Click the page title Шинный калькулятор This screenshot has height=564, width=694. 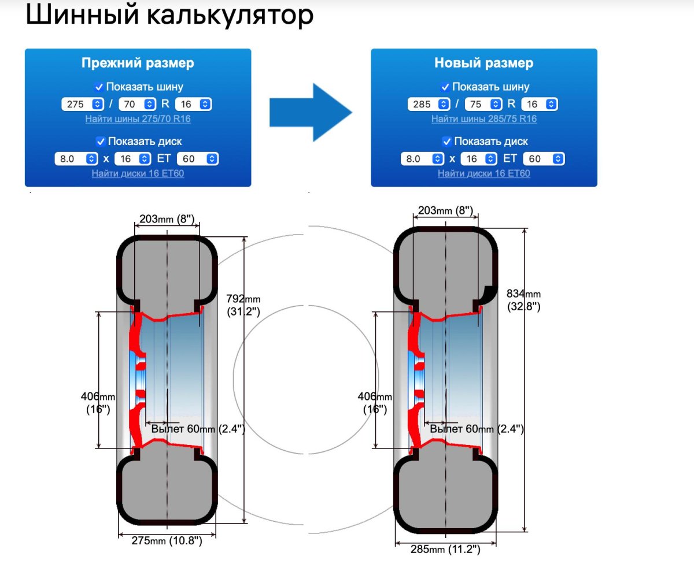coord(169,16)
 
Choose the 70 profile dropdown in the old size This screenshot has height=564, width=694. coord(136,104)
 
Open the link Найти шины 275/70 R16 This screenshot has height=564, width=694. coord(138,119)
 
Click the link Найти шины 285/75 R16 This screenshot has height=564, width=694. coord(483,119)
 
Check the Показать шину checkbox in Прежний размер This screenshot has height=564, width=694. coord(100,87)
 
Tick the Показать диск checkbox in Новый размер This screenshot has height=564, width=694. coord(446,142)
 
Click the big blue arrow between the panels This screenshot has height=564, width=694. coord(311,112)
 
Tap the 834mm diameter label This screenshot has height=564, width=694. coord(523,299)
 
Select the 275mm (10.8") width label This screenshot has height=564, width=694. coord(168,541)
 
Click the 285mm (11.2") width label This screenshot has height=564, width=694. coord(446,549)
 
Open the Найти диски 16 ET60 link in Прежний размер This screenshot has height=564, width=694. coord(138,173)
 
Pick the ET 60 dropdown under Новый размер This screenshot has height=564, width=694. coord(543,159)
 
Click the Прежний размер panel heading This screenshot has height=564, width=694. coord(138,63)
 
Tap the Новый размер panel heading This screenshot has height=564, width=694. coord(483,63)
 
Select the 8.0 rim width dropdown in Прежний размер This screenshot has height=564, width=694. coord(76,159)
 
